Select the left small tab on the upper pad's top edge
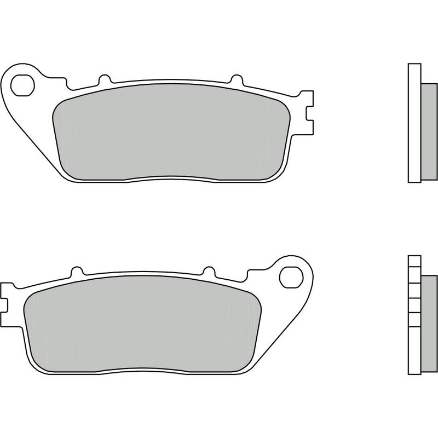click(x=103, y=80)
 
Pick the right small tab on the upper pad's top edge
click(x=237, y=80)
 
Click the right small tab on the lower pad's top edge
click(x=209, y=272)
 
